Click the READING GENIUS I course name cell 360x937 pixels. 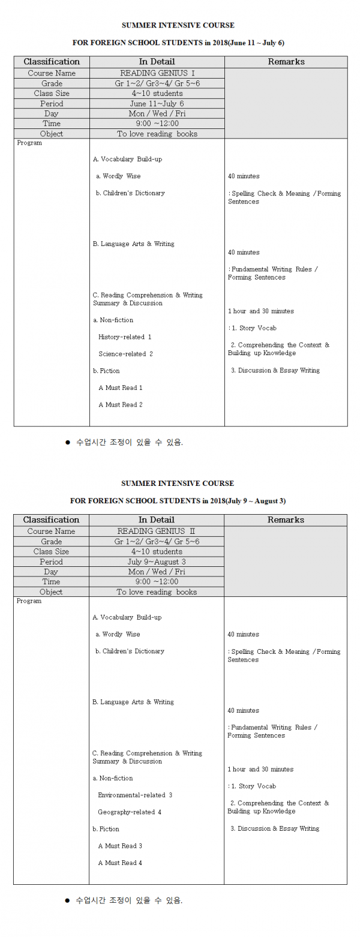[x=157, y=73]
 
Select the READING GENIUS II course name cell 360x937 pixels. [x=157, y=531]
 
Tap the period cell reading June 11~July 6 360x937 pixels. [x=157, y=104]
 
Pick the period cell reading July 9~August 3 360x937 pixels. [x=157, y=561]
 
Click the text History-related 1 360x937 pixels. [x=125, y=337]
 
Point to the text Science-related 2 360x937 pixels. [x=125, y=354]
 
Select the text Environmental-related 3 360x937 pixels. [x=135, y=795]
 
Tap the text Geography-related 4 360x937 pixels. [x=130, y=812]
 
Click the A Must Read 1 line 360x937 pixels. [x=120, y=388]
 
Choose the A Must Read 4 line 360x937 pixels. [x=120, y=863]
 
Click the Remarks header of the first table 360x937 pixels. [x=286, y=62]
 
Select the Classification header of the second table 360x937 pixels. [x=51, y=519]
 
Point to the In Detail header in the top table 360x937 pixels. [x=157, y=62]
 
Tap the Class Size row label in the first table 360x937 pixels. [x=52, y=94]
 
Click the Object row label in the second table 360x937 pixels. [x=51, y=591]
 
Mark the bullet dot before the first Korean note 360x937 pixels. [x=67, y=443]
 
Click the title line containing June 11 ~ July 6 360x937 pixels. [x=178, y=43]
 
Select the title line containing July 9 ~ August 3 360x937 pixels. [x=178, y=500]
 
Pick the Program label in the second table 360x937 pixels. [x=29, y=601]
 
